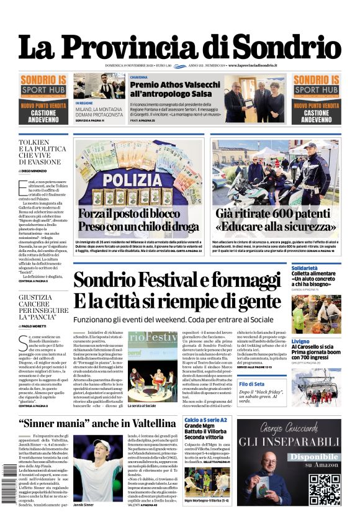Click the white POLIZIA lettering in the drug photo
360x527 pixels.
[x=139, y=179]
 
